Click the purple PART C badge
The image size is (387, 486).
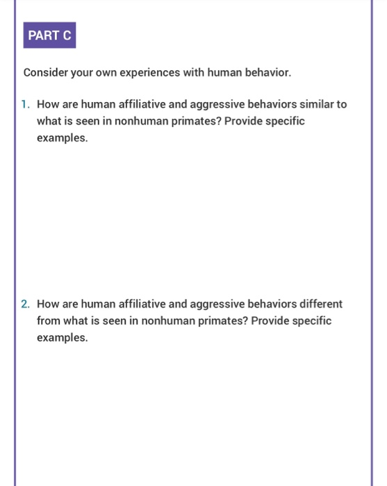(x=49, y=36)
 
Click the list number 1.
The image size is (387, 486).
(x=25, y=105)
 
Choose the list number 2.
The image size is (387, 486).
(x=25, y=304)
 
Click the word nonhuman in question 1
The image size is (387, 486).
(x=164, y=121)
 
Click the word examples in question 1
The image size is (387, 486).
(x=62, y=138)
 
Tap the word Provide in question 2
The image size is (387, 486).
(x=270, y=321)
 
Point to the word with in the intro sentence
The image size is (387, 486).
(x=192, y=72)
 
